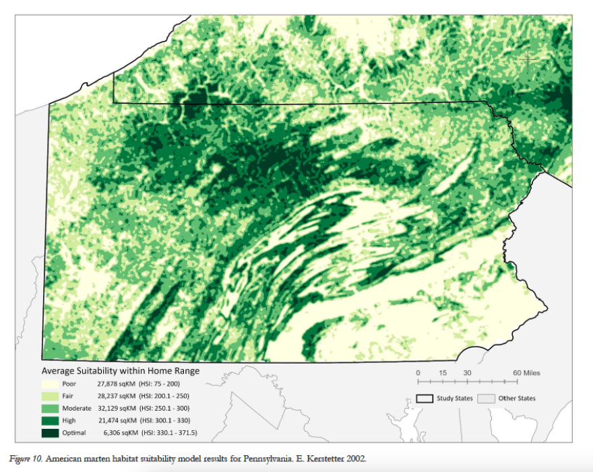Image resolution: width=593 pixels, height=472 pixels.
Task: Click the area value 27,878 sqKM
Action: [118, 383]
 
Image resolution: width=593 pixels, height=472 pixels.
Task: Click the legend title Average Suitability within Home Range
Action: [121, 370]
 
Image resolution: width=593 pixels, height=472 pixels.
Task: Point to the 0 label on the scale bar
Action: [418, 373]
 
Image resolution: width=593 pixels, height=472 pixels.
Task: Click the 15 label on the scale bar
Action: [442, 373]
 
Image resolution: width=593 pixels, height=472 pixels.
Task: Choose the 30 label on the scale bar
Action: [467, 373]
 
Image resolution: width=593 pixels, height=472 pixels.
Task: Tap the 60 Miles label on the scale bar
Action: [526, 373]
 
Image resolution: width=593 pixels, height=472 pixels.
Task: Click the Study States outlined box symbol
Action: [424, 399]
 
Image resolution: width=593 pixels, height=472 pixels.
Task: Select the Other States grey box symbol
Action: [486, 399]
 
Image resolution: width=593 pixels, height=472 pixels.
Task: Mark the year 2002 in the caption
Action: [355, 459]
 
